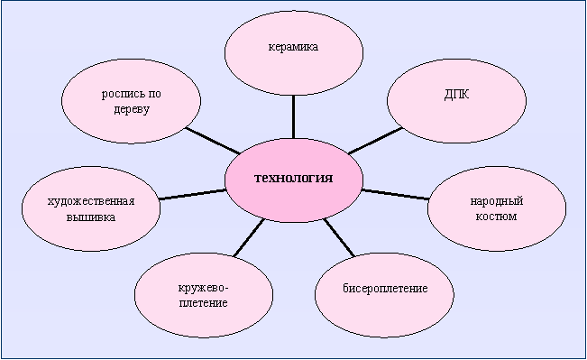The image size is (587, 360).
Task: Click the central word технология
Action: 294,178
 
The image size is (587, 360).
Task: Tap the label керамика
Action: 294,47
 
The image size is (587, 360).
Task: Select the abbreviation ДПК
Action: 457,95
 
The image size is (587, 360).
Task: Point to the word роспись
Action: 123,94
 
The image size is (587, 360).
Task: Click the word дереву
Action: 132,109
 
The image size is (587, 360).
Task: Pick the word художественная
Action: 91,201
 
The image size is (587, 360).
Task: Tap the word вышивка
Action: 91,217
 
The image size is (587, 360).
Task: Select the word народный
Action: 497,201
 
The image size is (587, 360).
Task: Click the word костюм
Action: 497,217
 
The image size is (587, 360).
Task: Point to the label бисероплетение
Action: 385,289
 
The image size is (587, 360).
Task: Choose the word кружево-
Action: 203,289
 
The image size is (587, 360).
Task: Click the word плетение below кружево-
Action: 203,302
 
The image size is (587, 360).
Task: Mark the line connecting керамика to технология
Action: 293,117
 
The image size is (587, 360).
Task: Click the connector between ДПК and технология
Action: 375,141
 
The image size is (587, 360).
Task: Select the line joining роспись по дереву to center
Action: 213,141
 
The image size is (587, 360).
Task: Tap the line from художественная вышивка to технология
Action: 193,195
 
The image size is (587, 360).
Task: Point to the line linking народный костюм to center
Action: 395,195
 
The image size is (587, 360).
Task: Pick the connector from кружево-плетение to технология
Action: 249,238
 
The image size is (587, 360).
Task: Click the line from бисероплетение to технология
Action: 339,238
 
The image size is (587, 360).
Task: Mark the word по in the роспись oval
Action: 154,94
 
